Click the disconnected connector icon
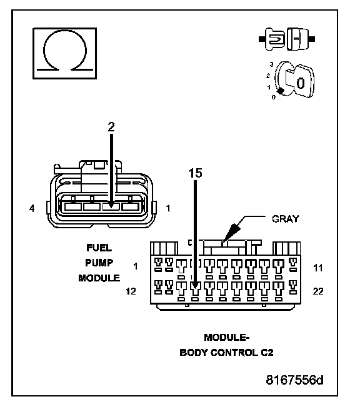pyautogui.click(x=287, y=39)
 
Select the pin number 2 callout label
pyautogui.click(x=111, y=127)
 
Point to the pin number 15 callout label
pyautogui.click(x=196, y=173)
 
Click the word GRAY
pyautogui.click(x=286, y=219)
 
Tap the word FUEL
pyautogui.click(x=99, y=248)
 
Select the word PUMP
pyautogui.click(x=99, y=263)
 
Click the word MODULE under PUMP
pyautogui.click(x=99, y=278)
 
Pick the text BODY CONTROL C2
pyautogui.click(x=226, y=353)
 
